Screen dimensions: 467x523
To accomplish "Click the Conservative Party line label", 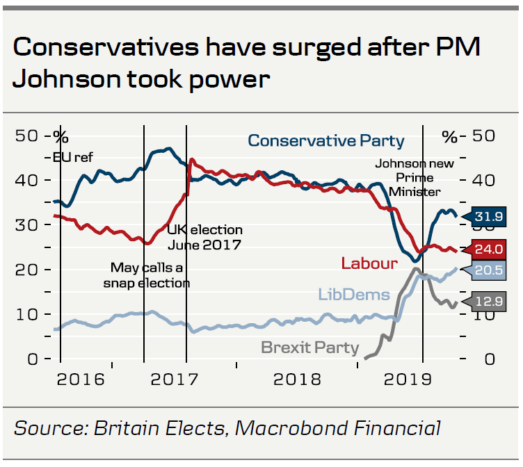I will coord(326,140).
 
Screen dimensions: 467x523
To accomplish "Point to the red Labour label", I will coord(369,263).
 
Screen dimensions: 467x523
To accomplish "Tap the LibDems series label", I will coord(354,295).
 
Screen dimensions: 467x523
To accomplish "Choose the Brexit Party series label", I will coord(310,347).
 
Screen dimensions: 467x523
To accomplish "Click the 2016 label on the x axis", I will coord(81,380).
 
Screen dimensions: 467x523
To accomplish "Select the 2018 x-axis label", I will coord(296,380).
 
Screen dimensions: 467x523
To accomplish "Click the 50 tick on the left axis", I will coord(26,136).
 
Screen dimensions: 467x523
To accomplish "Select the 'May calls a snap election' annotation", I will coord(146,275).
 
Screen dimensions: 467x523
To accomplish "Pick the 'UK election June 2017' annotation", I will coord(204,237).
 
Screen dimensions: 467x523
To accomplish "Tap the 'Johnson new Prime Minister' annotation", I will coord(415,178).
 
